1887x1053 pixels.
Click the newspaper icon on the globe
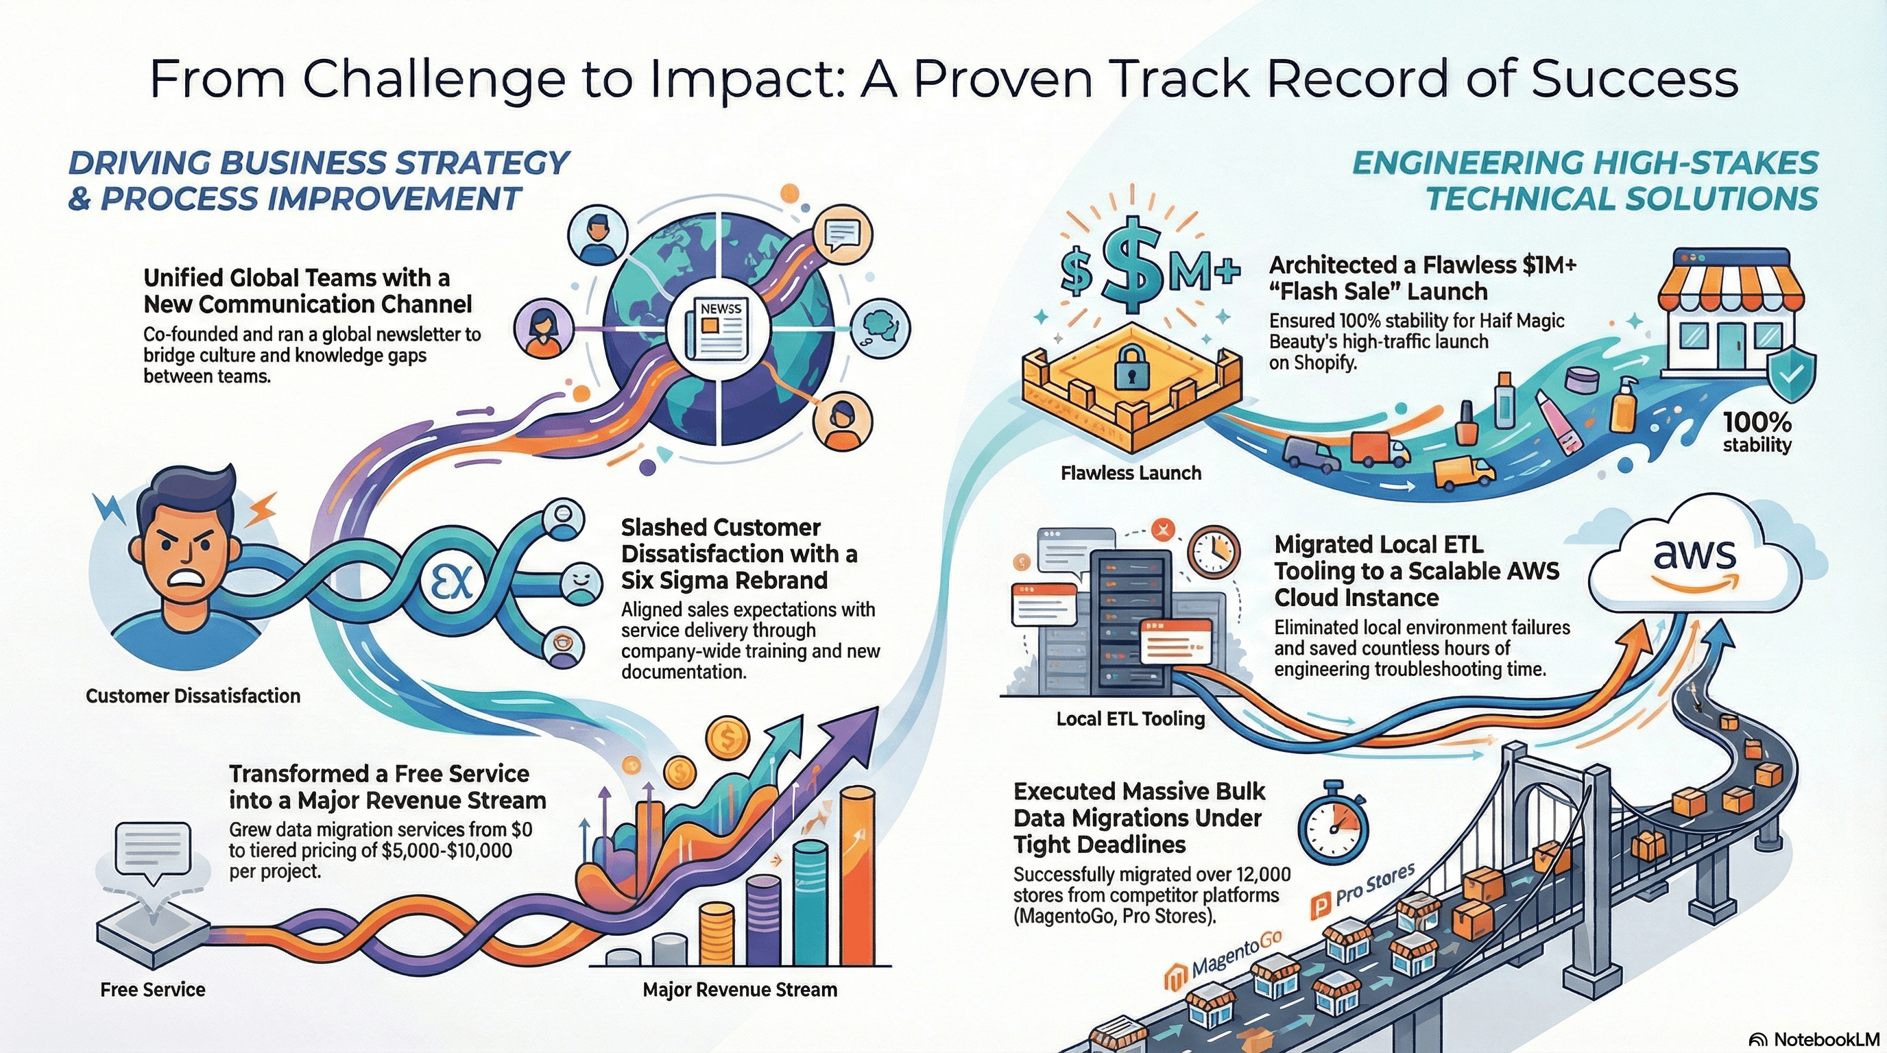pyautogui.click(x=720, y=329)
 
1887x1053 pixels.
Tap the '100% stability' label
pyautogui.click(x=1757, y=432)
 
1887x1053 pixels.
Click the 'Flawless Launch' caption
pyautogui.click(x=1130, y=473)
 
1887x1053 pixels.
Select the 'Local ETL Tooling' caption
pyautogui.click(x=1130, y=719)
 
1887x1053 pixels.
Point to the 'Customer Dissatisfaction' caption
pyautogui.click(x=193, y=696)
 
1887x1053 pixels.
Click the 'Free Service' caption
pyautogui.click(x=152, y=990)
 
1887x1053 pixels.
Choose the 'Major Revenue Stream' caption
pyautogui.click(x=740, y=990)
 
